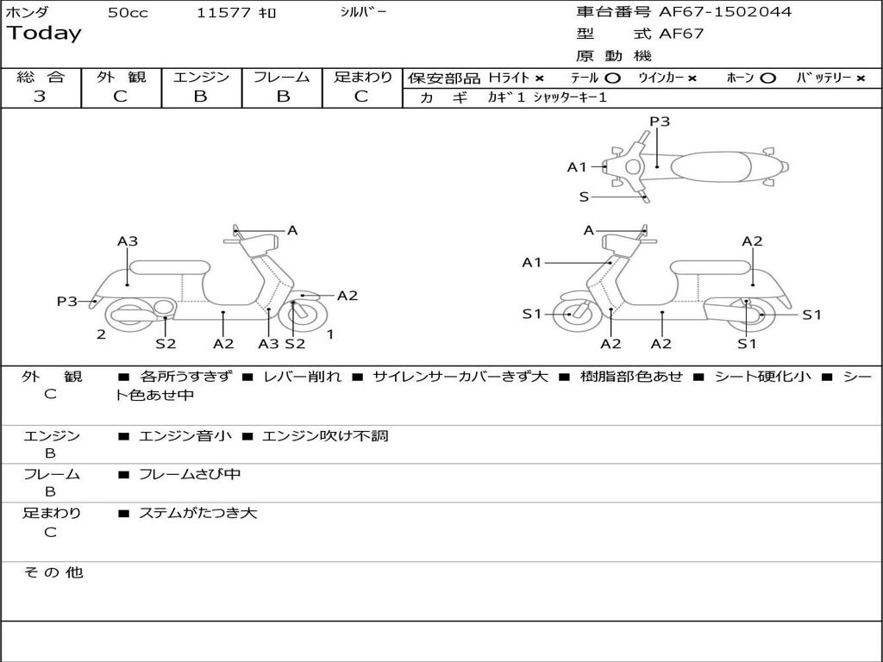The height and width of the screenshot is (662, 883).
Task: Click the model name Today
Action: click(x=44, y=34)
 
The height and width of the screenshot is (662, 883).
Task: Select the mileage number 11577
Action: click(x=223, y=13)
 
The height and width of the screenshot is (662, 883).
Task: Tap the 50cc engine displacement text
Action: click(x=128, y=13)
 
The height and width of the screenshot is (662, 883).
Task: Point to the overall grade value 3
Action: click(x=40, y=96)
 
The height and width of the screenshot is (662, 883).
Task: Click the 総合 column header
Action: click(x=41, y=77)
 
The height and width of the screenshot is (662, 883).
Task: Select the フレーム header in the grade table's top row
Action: click(x=282, y=77)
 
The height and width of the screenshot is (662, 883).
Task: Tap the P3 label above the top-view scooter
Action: click(x=660, y=122)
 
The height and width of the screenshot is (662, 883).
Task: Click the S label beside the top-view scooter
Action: click(x=584, y=197)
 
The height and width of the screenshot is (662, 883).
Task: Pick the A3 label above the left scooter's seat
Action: click(x=128, y=241)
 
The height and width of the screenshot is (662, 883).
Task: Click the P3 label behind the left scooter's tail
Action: click(x=66, y=301)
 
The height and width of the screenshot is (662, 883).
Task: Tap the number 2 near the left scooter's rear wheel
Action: click(x=101, y=334)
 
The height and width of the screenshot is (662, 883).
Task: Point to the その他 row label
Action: click(x=53, y=572)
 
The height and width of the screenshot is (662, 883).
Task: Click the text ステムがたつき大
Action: click(x=197, y=513)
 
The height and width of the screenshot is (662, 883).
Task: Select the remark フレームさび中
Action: click(x=190, y=474)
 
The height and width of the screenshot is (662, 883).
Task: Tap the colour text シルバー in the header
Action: click(x=364, y=12)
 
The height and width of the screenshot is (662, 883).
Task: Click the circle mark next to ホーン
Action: click(x=767, y=78)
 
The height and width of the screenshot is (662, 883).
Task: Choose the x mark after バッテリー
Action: click(x=861, y=78)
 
